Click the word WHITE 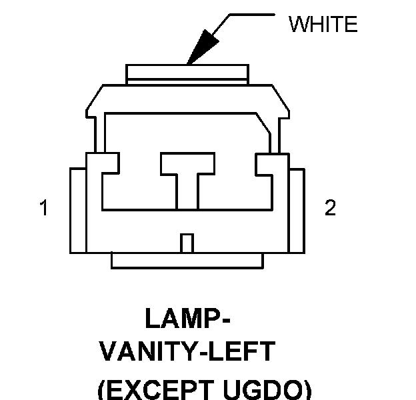323,25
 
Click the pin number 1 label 44,209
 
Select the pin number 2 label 329,209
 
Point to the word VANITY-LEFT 187,351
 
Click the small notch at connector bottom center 187,243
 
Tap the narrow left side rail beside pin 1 77,211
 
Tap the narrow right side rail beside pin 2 297,211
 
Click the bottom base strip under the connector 187,261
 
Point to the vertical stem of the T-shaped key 187,190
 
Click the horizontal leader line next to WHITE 251,14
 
